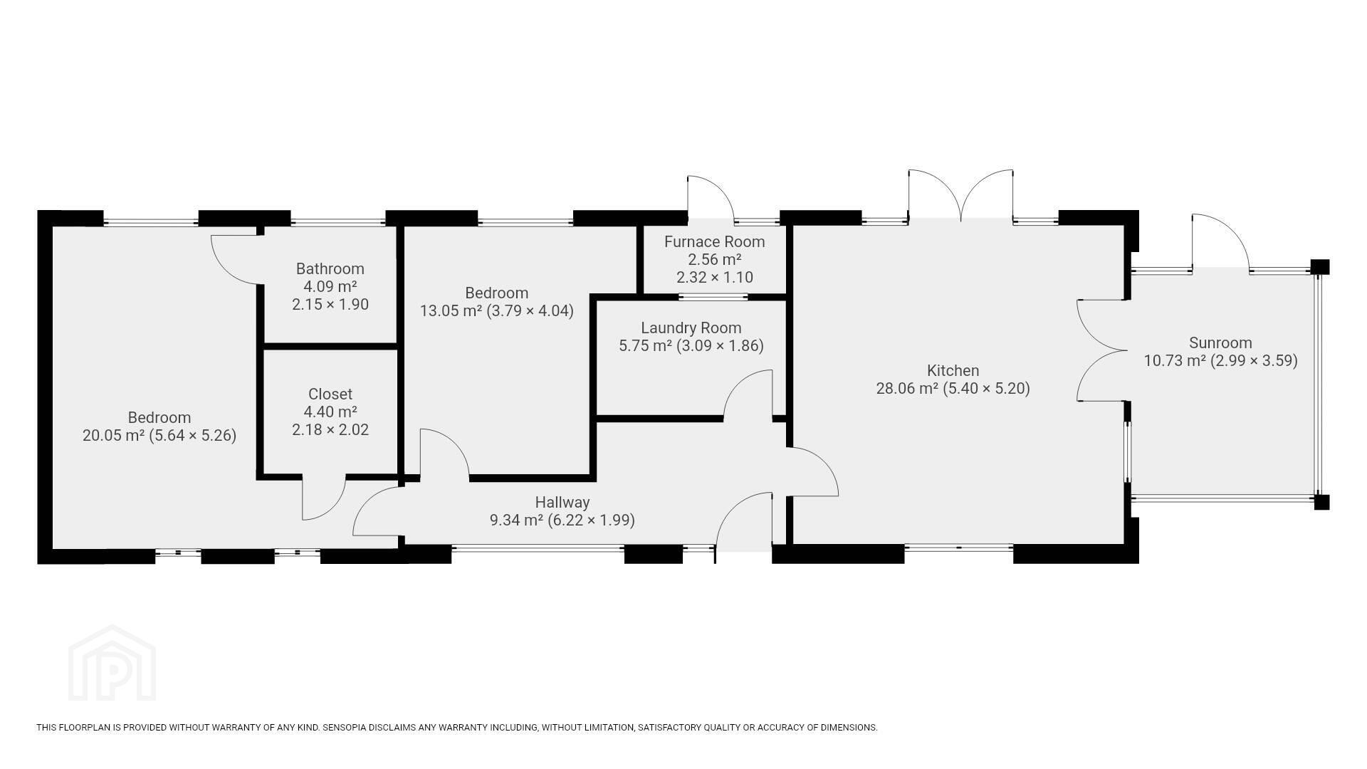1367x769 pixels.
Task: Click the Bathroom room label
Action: (330, 269)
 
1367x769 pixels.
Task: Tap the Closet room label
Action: (330, 394)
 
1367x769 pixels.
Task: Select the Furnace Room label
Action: (715, 242)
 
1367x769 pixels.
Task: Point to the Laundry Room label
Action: (691, 328)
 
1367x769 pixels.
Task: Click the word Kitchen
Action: (953, 371)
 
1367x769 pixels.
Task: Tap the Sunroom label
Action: (1220, 343)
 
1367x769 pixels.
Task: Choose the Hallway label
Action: (562, 503)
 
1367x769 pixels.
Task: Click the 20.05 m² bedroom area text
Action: (114, 436)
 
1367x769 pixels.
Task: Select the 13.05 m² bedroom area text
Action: (451, 311)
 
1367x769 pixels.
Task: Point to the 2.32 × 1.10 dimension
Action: (715, 278)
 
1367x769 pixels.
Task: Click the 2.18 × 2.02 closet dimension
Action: (330, 430)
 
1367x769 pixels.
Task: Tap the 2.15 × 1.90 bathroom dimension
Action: (330, 305)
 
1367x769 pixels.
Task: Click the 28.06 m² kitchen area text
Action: (907, 389)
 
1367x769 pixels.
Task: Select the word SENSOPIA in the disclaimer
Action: (345, 728)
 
